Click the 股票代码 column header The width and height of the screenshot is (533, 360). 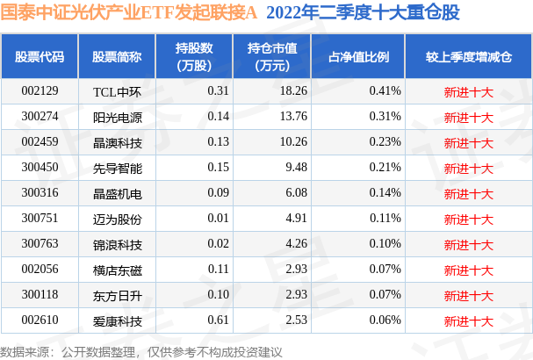click(40, 56)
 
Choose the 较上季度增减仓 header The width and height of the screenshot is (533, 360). click(469, 56)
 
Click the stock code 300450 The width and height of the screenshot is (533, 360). click(40, 167)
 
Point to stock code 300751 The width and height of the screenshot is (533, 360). click(40, 218)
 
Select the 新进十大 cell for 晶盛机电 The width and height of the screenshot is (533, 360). click(469, 192)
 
